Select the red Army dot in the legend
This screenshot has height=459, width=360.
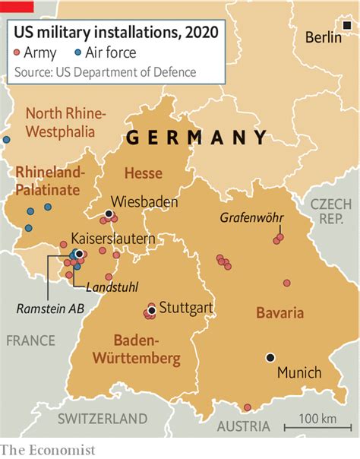coord(17,53)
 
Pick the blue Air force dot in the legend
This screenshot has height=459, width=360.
coord(79,53)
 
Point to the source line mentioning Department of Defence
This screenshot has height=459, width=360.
coord(105,72)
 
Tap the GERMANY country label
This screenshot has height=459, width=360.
coord(196,138)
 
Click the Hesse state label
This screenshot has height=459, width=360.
coord(143,173)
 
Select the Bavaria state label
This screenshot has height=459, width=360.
coord(279,312)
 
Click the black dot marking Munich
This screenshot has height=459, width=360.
coord(270,357)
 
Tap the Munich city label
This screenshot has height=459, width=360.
coord(299,373)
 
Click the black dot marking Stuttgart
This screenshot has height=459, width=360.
coord(153,310)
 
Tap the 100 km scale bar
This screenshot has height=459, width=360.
coord(313,426)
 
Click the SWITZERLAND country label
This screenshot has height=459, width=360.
coord(103,418)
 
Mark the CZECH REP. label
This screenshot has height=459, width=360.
coord(330,212)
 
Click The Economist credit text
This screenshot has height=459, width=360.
coord(48,449)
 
